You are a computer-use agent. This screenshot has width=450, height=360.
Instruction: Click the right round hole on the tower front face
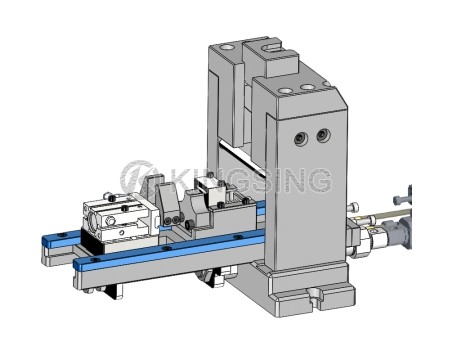[323, 134]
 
